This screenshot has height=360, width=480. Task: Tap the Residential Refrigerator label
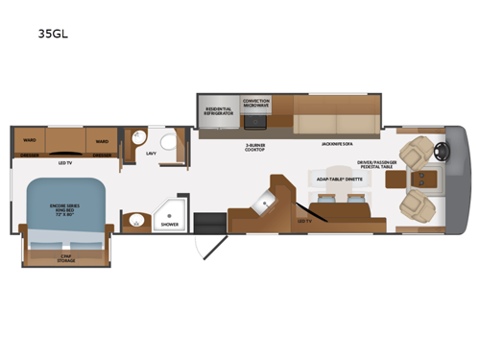[221, 111]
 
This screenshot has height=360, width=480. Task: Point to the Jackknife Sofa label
[326, 142]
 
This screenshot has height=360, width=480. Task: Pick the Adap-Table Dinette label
[337, 179]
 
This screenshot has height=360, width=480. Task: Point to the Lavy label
[151, 154]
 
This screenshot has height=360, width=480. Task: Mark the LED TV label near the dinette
[303, 222]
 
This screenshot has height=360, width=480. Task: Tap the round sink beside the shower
[135, 223]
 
